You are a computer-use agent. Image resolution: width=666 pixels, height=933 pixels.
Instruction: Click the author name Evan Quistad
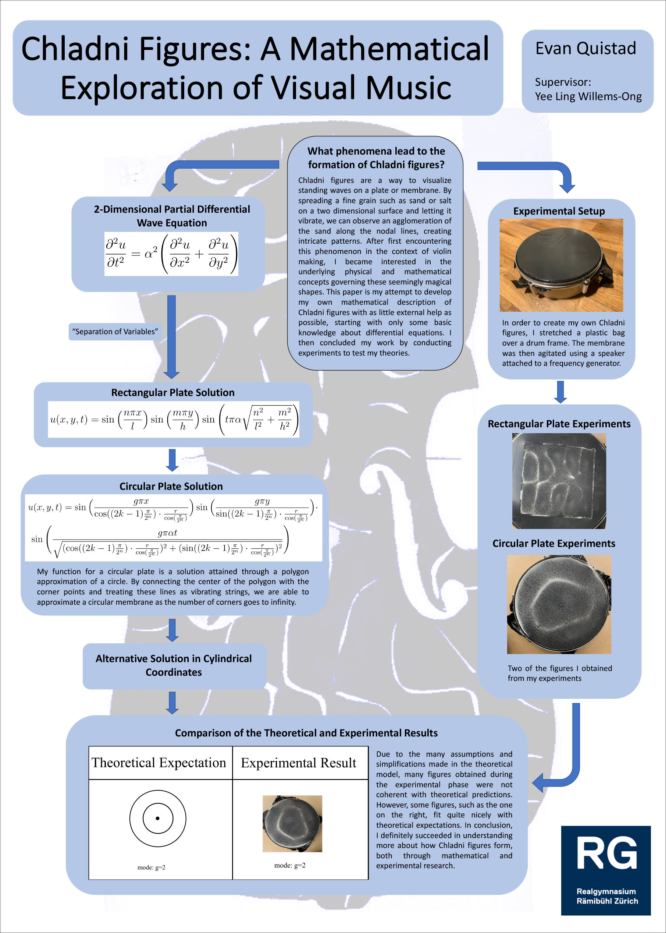[x=585, y=49]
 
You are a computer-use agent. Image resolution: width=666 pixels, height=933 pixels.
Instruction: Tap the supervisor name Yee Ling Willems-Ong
[x=588, y=96]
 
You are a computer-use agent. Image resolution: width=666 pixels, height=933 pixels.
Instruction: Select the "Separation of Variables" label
[x=115, y=331]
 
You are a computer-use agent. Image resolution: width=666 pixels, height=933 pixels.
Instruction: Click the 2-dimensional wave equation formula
[x=171, y=254]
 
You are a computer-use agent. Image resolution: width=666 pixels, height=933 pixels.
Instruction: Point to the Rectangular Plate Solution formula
[x=174, y=419]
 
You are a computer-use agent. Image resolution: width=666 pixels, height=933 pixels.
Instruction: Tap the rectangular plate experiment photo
[x=559, y=481]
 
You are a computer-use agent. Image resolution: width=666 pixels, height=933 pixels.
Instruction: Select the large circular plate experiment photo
[x=559, y=604]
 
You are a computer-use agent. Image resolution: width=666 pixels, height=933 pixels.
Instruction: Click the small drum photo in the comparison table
[x=292, y=823]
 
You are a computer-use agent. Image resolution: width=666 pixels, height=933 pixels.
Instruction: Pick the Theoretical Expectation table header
[x=159, y=763]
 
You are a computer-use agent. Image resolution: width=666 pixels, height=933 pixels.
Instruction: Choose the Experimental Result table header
[x=298, y=763]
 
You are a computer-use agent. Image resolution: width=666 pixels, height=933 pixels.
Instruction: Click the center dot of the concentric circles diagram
[x=157, y=818]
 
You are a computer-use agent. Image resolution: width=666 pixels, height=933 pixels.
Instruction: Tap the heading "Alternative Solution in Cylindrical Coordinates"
[x=174, y=665]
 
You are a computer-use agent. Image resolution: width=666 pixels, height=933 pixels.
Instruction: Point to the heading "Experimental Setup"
[x=559, y=211]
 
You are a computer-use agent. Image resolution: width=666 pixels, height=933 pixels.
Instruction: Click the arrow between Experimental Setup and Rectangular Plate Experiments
[x=560, y=392]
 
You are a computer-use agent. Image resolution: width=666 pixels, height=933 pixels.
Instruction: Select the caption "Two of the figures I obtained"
[x=559, y=668]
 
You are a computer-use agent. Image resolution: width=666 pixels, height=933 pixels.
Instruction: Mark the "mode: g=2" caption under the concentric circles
[x=151, y=867]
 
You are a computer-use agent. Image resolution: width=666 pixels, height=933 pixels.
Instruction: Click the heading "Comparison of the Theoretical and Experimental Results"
[x=306, y=733]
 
